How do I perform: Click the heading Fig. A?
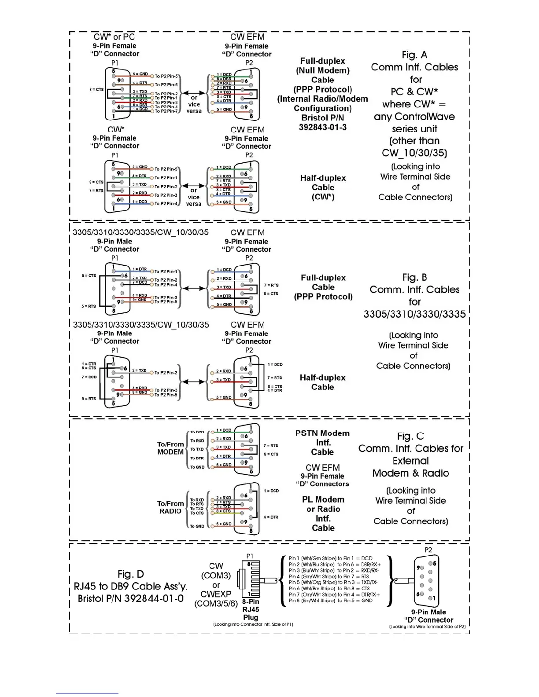click(x=414, y=55)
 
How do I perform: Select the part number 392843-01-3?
click(x=323, y=127)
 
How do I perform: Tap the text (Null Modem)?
click(x=323, y=70)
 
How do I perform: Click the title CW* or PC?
click(x=114, y=37)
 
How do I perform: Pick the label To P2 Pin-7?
click(x=166, y=111)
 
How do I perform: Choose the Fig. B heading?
click(x=414, y=277)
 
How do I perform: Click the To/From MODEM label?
click(x=170, y=448)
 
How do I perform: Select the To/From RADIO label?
click(x=170, y=507)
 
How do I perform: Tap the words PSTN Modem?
click(x=322, y=433)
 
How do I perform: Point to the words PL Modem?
click(x=323, y=499)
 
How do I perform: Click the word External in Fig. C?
click(x=410, y=461)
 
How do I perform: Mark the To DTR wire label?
click(x=197, y=458)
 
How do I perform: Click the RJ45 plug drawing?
click(x=250, y=579)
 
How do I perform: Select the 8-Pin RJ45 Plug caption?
click(x=251, y=609)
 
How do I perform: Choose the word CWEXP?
click(x=216, y=594)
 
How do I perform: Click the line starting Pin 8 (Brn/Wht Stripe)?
click(x=331, y=600)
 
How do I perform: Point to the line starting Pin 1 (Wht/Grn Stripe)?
click(x=331, y=558)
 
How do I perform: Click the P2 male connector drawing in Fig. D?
click(x=426, y=581)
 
